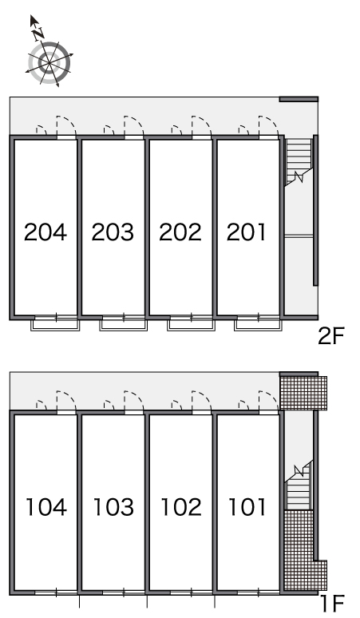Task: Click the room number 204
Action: (45, 232)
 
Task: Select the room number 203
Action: (113, 232)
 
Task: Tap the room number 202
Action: (180, 232)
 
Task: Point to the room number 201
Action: (247, 232)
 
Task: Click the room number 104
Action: (46, 507)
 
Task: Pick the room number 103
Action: (113, 507)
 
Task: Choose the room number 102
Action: (181, 507)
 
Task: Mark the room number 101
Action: (247, 507)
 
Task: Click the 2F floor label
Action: (331, 336)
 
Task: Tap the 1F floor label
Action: (333, 604)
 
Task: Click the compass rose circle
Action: (49, 62)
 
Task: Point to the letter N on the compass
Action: (38, 34)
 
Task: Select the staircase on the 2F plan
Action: (299, 160)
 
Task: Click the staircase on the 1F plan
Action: (299, 485)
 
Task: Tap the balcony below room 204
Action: (56, 325)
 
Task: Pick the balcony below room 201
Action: (259, 325)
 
